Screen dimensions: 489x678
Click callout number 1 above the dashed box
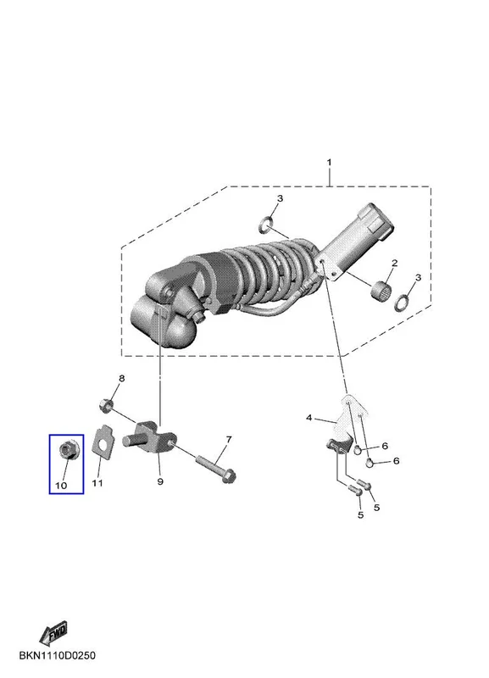329,163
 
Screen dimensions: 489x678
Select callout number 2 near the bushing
394,263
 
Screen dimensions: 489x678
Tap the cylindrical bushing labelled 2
381,289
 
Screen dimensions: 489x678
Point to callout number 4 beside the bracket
308,418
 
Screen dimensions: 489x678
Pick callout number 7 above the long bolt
229,439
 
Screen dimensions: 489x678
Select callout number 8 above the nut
122,378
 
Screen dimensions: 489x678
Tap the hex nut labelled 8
105,406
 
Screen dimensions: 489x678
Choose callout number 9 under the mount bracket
160,481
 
